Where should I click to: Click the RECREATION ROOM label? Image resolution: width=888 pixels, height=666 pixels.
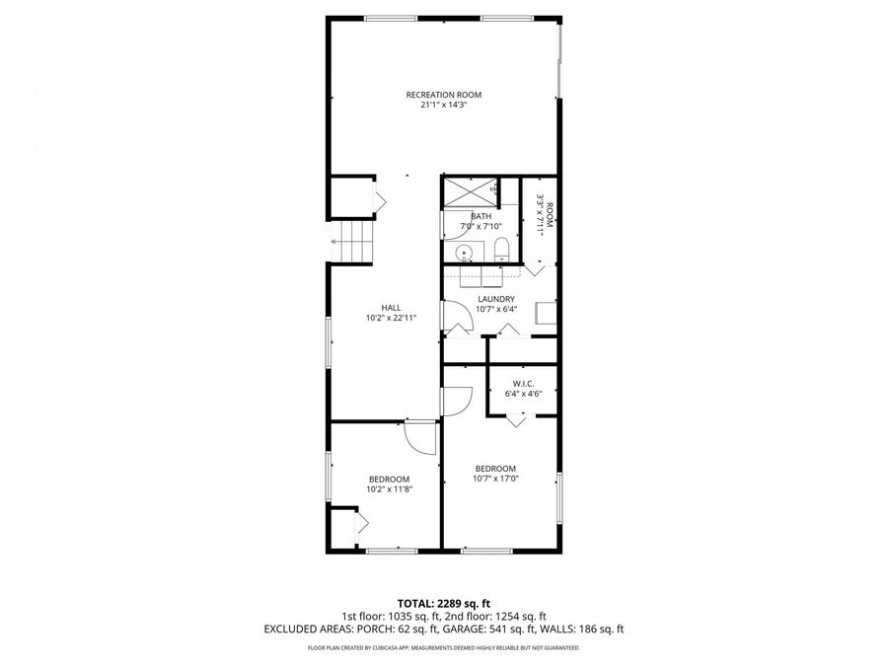[444, 95]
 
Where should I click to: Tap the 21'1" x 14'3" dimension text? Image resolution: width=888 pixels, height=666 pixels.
[444, 105]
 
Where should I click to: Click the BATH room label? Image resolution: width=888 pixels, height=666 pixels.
[481, 216]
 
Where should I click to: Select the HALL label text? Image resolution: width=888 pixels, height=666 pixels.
[391, 307]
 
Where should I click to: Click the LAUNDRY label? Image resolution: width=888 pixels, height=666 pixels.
[495, 299]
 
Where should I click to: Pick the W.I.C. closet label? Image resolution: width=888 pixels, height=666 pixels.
[523, 383]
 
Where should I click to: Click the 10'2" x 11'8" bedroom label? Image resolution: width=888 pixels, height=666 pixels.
[388, 488]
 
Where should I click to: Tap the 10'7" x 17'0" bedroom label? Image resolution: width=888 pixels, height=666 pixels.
[495, 479]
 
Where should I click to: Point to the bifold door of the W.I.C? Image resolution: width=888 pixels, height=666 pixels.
[516, 419]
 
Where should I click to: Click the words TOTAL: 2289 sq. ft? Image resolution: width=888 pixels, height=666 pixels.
[443, 602]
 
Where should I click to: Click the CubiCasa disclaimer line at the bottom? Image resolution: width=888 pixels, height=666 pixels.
[443, 648]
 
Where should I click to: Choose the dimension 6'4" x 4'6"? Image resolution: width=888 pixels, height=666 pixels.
[523, 393]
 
